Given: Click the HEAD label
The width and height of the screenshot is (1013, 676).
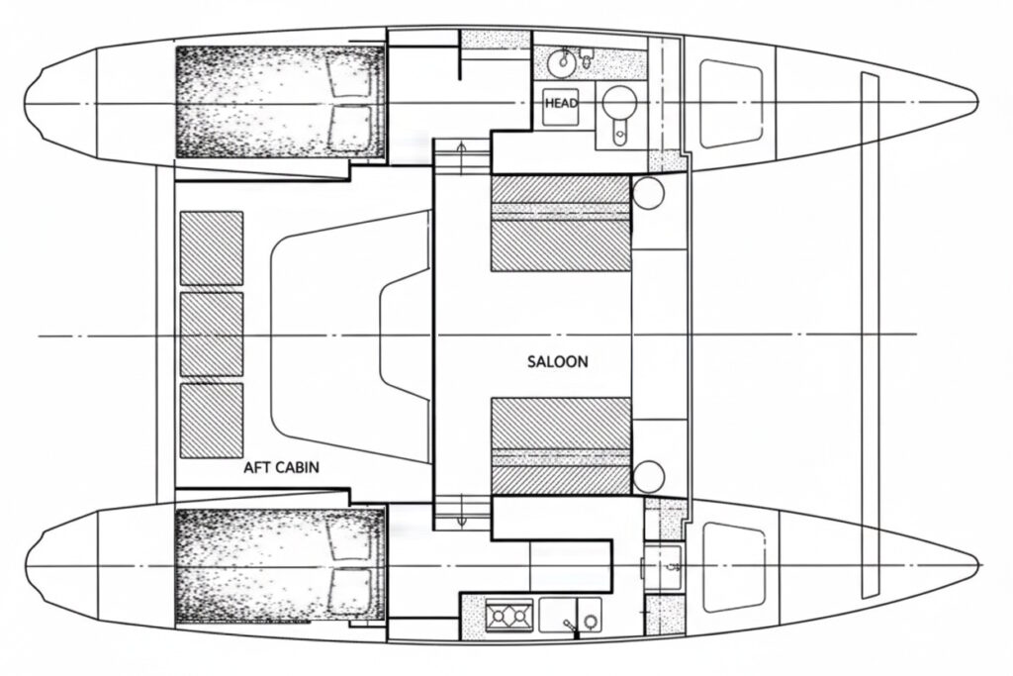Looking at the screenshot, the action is coord(561,103).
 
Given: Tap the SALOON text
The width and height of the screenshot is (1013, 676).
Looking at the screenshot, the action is coord(558,361).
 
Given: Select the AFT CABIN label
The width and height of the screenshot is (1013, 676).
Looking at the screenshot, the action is coord(281,467).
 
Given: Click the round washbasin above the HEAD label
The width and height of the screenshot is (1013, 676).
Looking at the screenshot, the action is coord(562,61).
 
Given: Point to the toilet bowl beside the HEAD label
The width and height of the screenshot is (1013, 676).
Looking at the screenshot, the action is coord(619,102).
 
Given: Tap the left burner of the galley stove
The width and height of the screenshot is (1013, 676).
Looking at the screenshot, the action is coord(499,617).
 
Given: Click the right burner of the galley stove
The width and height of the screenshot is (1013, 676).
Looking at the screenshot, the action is coord(518,617).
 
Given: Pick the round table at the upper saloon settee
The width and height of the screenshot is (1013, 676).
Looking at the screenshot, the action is coord(648,192).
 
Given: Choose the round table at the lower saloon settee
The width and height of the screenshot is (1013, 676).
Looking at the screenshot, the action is coord(648,477).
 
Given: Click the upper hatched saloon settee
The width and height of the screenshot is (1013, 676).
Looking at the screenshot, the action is coord(561,223).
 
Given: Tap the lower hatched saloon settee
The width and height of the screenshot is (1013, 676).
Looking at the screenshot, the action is coord(561,446).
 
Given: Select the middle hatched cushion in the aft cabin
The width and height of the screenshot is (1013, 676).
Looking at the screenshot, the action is coord(212,335).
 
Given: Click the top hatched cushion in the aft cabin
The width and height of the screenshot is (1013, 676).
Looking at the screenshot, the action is coord(212,247).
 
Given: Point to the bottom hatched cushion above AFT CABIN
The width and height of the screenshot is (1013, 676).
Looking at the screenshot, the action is coord(212,421).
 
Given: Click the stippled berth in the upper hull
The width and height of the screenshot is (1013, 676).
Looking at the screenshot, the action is coord(280,102).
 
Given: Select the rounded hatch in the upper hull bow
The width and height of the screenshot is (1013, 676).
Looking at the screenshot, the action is coord(731,103).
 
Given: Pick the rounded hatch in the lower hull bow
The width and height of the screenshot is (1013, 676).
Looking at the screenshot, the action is coord(733,567).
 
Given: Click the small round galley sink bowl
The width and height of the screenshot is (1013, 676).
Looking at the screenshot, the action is coord(590,621).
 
